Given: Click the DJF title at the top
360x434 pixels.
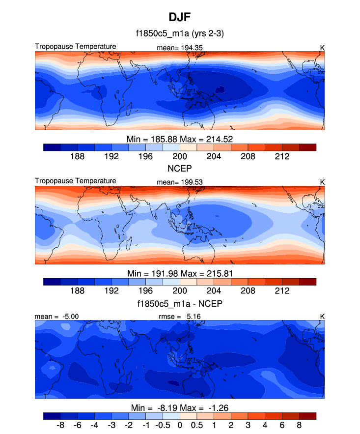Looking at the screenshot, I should pos(180,18).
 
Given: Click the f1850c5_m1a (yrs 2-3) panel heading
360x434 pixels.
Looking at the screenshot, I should pos(180,34).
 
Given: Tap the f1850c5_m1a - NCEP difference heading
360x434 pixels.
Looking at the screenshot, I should pos(180,304).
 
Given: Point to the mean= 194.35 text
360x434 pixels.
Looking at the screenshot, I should pos(180,48).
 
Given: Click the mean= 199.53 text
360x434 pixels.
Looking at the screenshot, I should pos(180,182).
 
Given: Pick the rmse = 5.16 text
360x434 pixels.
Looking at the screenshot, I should pos(181,317).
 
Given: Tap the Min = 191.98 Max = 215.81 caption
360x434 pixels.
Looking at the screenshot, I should pos(180,273).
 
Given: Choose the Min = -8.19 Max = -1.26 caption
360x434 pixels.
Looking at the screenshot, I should pos(180,407).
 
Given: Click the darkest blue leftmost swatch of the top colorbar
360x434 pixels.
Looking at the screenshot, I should pos(52,147).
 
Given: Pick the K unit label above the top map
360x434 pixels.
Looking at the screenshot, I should pos(322,48).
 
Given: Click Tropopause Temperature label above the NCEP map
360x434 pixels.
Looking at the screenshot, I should pos(76,181).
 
